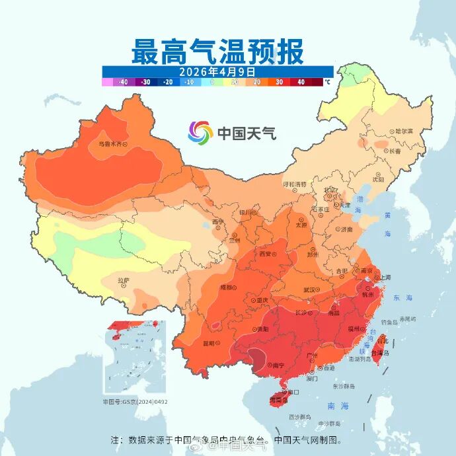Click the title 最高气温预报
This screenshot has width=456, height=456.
217,51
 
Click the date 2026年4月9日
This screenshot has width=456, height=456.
217,71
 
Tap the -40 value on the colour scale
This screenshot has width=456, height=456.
123,82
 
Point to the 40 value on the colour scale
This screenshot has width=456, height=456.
301,82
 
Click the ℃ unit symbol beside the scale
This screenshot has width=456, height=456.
326,82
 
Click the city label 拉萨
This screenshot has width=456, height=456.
124,281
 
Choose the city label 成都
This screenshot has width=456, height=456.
227,287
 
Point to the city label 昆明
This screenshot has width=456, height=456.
209,343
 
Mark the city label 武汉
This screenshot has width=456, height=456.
309,289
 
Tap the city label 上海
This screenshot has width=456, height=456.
385,278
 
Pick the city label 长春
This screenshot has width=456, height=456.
395,151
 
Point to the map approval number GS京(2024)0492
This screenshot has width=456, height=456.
135,401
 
